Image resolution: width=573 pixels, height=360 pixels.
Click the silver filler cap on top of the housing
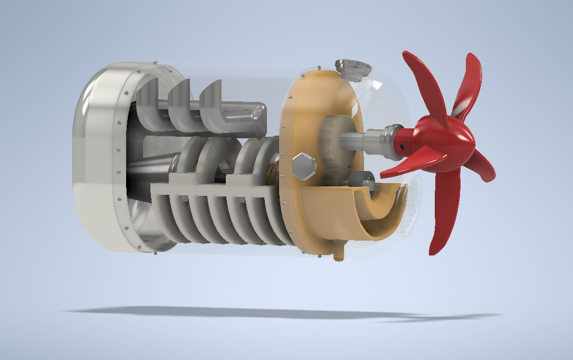pos(352,67)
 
